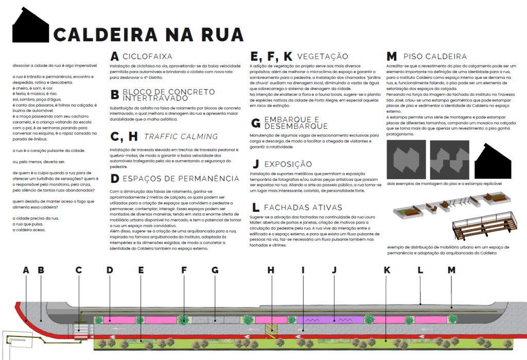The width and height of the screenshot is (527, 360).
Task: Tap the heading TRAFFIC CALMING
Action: (181, 136)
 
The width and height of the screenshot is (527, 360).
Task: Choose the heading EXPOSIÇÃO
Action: (288, 164)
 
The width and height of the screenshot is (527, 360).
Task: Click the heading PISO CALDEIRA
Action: (435, 56)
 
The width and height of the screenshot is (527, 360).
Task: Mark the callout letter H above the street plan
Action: (271, 270)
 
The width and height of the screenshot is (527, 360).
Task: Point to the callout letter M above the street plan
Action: (452, 270)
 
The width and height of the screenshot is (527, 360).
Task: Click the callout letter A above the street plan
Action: (26, 270)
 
